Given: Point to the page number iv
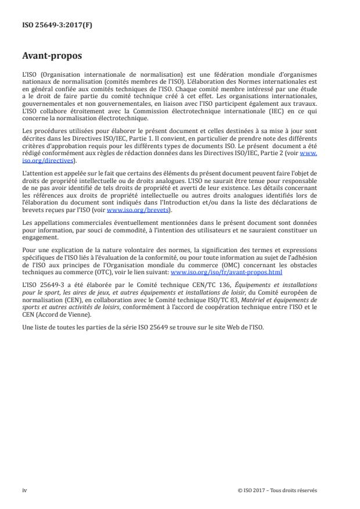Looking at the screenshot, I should coord(24,490).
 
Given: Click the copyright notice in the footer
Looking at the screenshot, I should coord(278,490).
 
